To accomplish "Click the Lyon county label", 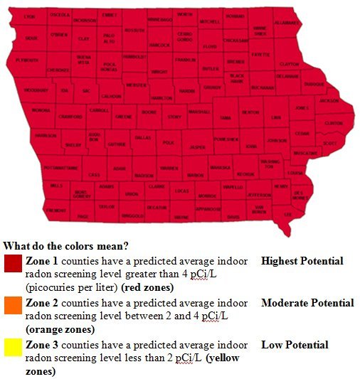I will (29, 16).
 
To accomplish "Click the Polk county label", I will (169, 143).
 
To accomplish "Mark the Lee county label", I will (288, 213).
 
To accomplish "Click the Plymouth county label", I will (27, 61).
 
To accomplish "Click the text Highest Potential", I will (302, 261).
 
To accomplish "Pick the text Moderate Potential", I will (307, 303).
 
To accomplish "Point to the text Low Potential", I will (295, 345).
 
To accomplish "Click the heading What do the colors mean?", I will (65, 246).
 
